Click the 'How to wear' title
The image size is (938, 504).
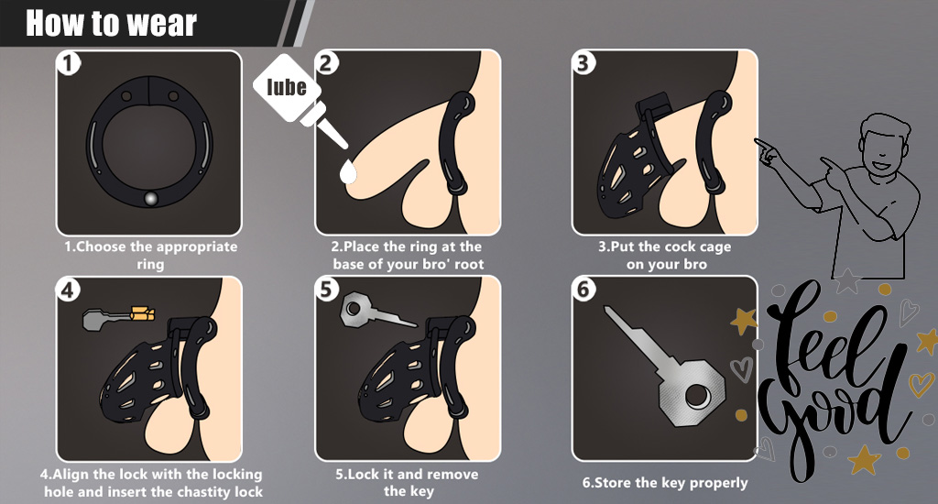(111, 23)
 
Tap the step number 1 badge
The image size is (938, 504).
(69, 63)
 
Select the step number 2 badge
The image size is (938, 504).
(327, 62)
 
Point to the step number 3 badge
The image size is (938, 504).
(584, 62)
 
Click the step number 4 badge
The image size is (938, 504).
(68, 290)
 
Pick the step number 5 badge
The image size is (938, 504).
(326, 289)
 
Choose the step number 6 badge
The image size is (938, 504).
(584, 289)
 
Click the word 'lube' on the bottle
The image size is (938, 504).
(287, 87)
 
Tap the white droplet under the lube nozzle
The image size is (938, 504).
(347, 171)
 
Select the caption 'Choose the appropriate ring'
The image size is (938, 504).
(151, 255)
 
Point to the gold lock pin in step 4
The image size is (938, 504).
(142, 313)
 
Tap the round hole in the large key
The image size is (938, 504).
(696, 396)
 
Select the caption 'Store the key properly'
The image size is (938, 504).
(665, 483)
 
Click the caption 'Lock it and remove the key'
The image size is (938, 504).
(408, 482)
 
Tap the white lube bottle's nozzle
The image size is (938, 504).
(326, 126)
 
